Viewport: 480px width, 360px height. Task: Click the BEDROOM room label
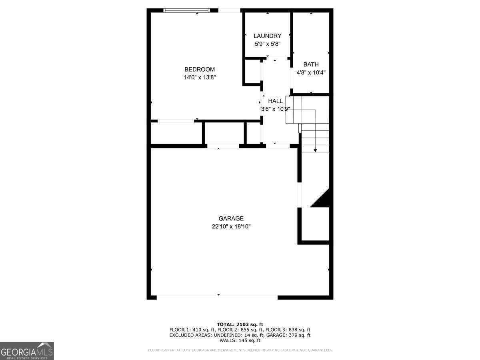coord(199,69)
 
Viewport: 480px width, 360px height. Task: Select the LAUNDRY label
coord(267,36)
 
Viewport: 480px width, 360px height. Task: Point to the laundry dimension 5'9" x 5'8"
coord(267,44)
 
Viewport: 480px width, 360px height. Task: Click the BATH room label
coord(311,64)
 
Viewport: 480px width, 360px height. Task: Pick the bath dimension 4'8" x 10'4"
coord(311,73)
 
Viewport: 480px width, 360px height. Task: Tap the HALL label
coord(275,101)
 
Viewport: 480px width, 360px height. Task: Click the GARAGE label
coord(231,218)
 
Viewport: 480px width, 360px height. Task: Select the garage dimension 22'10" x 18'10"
coord(231,227)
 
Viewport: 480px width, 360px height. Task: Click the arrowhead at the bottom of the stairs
coord(315,150)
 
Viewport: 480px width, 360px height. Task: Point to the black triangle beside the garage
coord(322,199)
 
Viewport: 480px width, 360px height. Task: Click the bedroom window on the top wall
coord(187,10)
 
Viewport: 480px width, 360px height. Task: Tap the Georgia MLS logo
coord(27,351)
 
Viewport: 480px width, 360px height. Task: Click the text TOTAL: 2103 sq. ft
coord(240,324)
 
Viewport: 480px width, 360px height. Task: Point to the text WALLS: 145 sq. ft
coord(240,341)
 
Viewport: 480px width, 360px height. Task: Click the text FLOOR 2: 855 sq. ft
coord(240,330)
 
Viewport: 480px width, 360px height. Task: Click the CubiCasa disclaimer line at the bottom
coord(240,350)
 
